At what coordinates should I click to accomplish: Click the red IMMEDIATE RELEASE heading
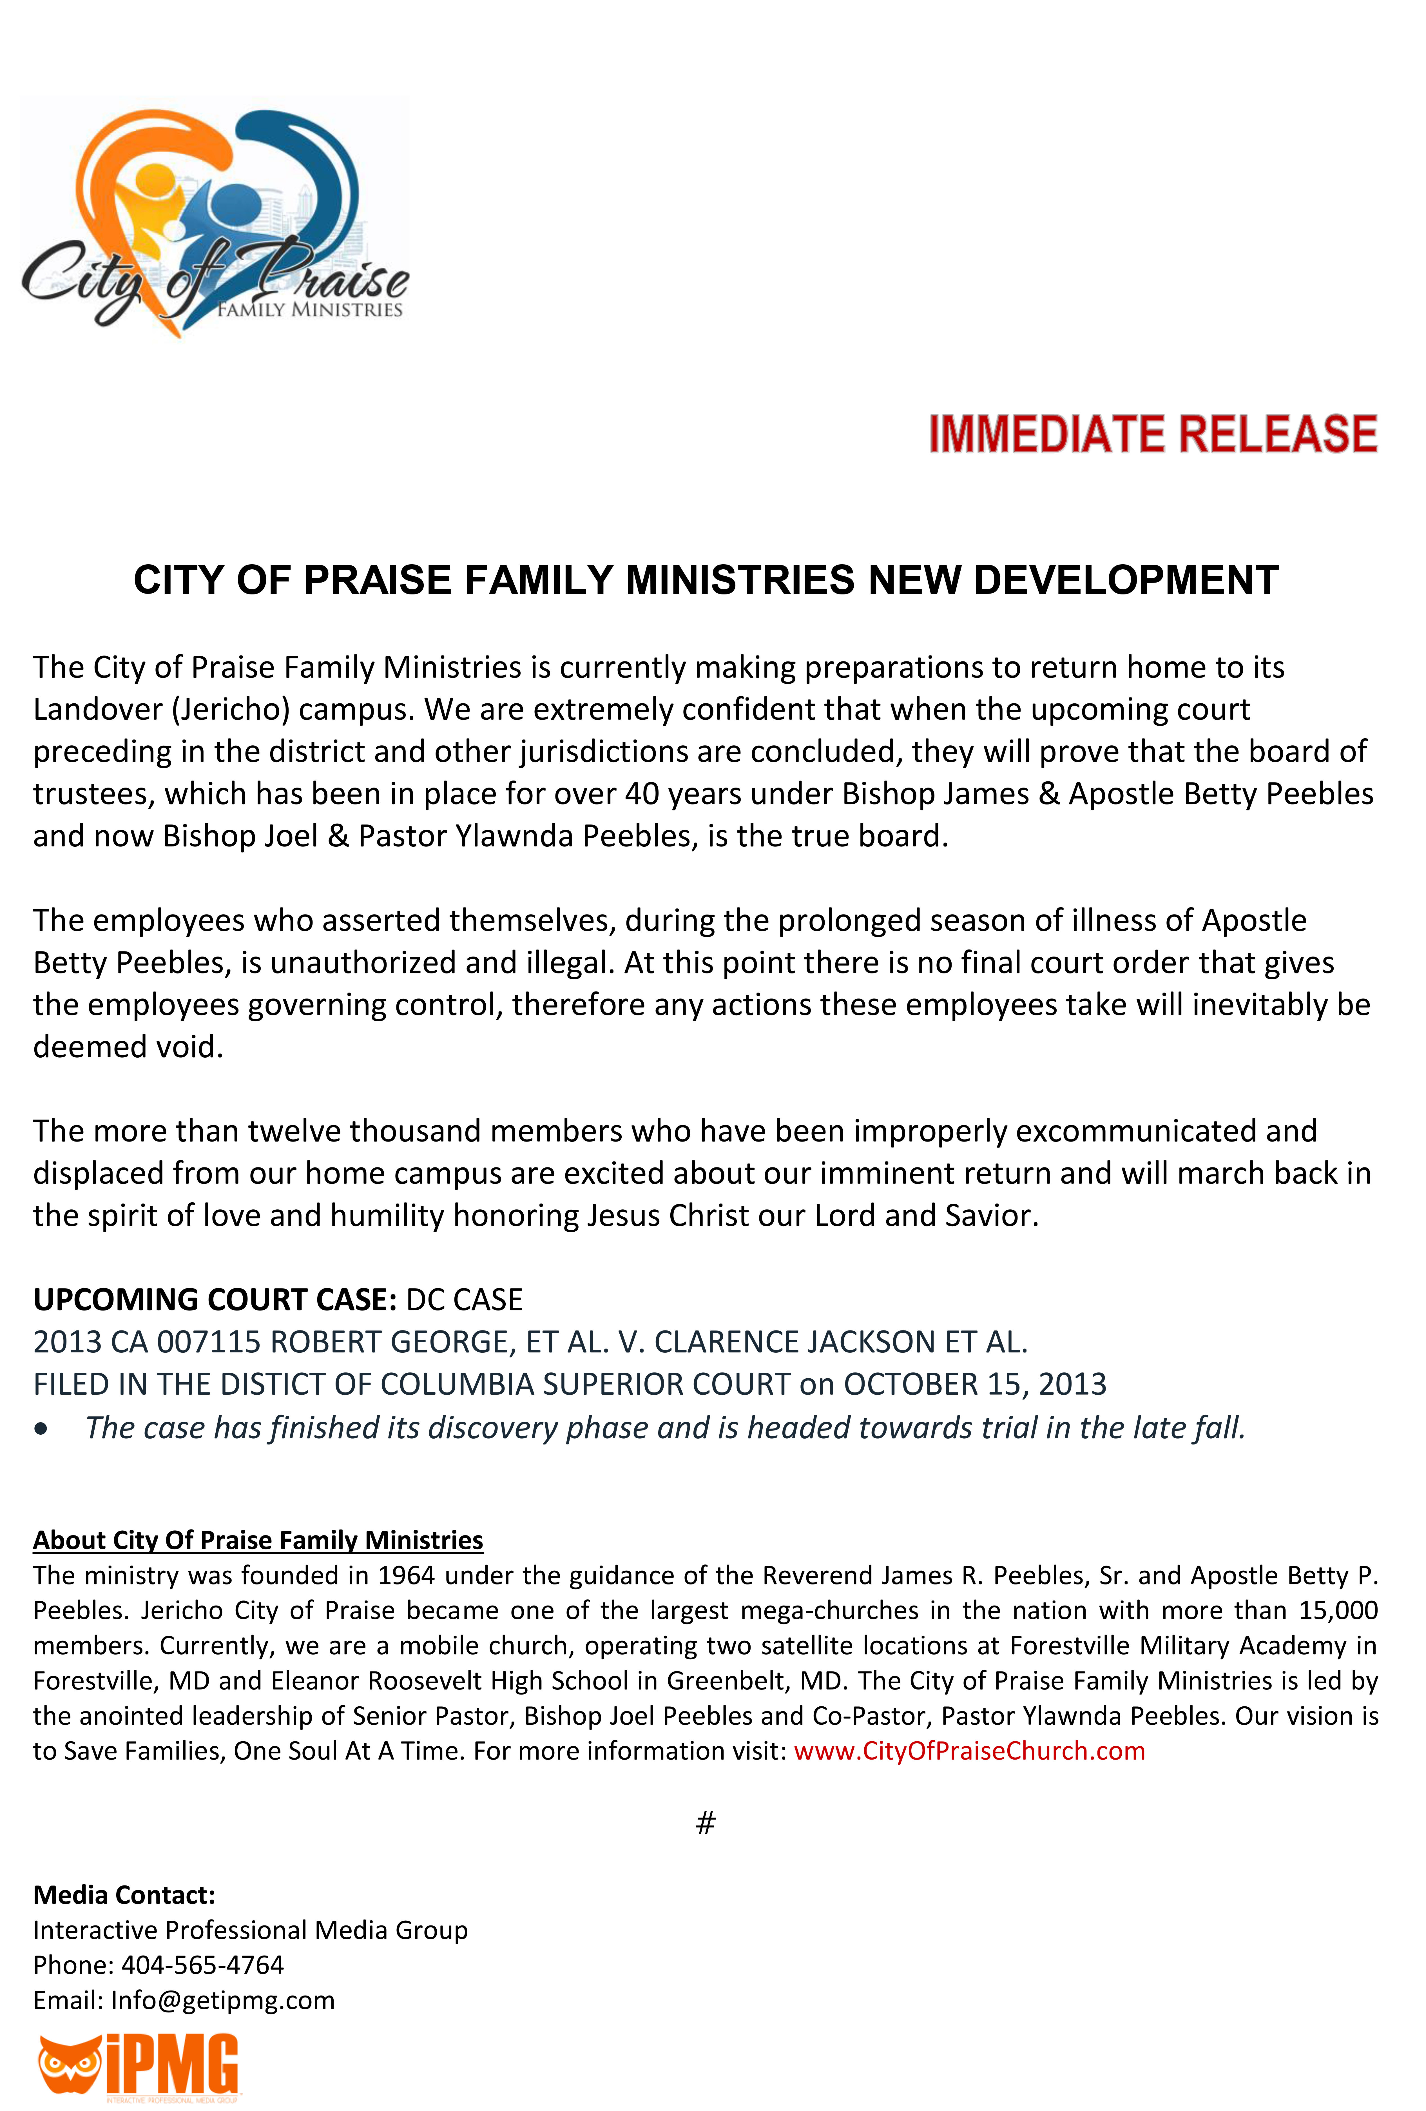1152,434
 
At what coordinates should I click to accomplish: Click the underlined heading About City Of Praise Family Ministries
258,1541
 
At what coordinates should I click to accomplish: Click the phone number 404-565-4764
202,1965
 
